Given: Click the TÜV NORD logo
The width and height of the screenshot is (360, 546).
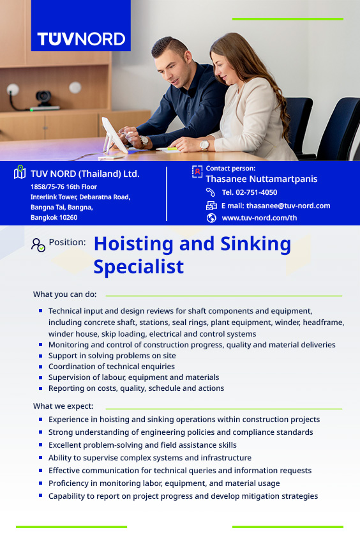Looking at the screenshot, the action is point(81,39).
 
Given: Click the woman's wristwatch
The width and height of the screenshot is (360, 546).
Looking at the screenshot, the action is point(204,145).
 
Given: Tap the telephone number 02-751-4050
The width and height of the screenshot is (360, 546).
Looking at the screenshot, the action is point(256,192).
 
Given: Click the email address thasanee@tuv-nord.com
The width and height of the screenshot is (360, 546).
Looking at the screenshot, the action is point(289,206).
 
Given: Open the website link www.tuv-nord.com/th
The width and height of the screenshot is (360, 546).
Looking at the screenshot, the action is point(259,218).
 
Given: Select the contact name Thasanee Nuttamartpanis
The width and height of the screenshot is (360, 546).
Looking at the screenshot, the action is point(262,179).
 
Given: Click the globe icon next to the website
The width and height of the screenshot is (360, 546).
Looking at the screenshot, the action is point(211,218).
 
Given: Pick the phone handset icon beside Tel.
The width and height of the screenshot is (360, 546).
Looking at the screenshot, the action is point(211,192).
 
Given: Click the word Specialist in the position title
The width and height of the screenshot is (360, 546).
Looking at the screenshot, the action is point(139,268).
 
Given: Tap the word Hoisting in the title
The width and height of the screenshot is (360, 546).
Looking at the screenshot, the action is point(133,245).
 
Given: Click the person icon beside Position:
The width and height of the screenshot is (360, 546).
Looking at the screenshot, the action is point(38,245).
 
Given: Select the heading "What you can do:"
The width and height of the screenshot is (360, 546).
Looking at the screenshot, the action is point(64,294).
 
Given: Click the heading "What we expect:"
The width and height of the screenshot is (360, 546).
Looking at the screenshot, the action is point(63,406).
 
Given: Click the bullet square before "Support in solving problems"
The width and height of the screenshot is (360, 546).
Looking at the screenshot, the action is point(41,356).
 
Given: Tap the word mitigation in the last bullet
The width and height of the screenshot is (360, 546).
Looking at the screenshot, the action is point(254,496).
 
